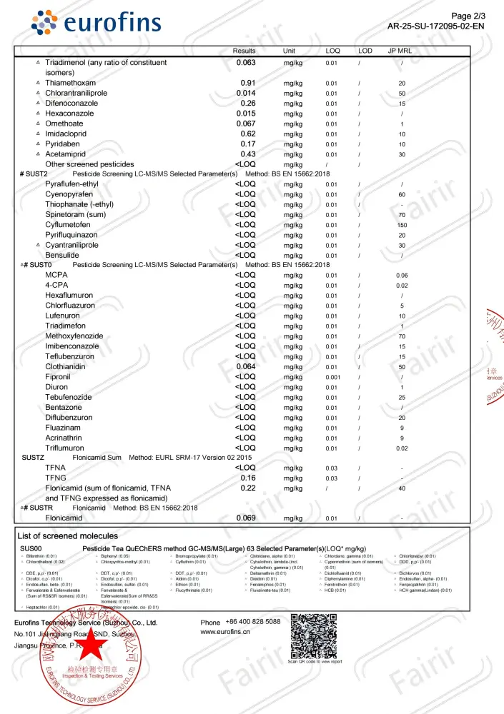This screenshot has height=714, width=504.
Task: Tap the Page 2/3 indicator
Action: (469, 16)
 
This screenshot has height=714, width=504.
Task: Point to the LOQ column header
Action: (333, 51)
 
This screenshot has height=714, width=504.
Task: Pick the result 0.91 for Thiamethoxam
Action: (248, 83)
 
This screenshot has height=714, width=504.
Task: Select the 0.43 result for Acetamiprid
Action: (248, 154)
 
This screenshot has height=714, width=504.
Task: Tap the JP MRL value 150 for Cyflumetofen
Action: (402, 225)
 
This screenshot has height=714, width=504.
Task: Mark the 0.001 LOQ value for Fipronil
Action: (332, 377)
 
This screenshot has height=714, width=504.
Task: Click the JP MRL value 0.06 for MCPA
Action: (402, 276)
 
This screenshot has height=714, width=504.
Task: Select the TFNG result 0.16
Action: (248, 478)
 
